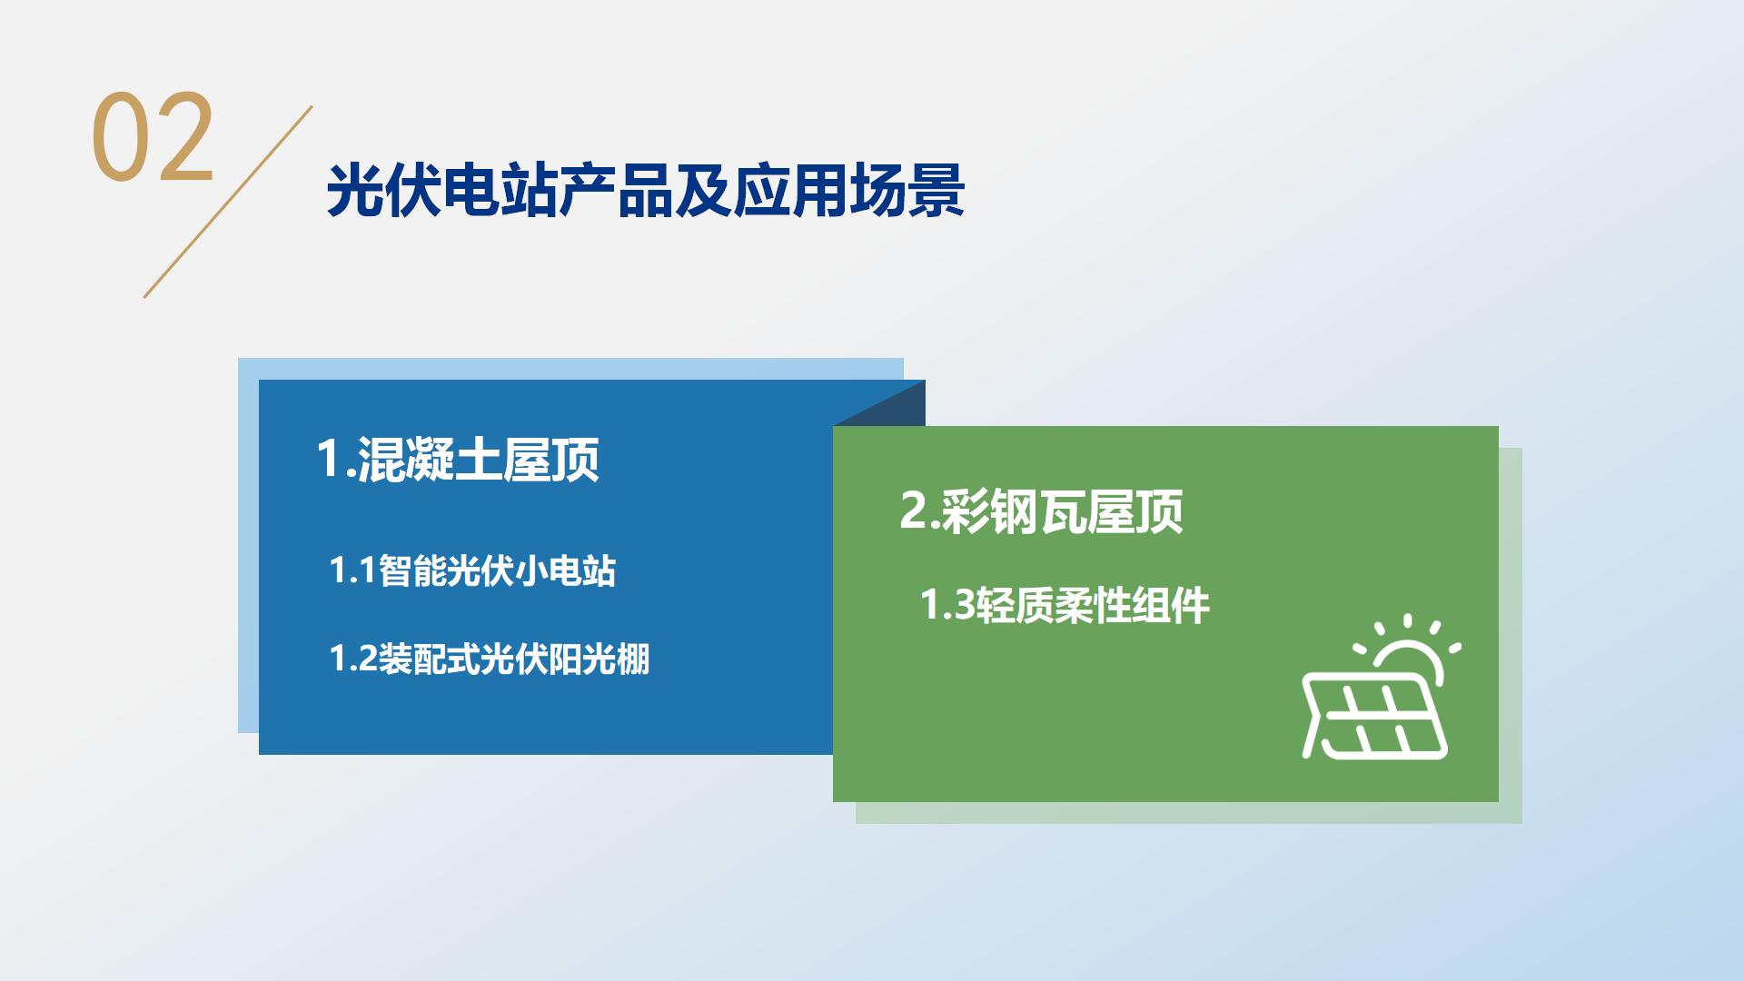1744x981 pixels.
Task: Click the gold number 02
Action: pos(153,136)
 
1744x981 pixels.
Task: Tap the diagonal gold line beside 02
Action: pos(228,202)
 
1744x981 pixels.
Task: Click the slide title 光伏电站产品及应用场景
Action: pos(645,191)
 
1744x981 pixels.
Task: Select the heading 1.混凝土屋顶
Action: pos(458,459)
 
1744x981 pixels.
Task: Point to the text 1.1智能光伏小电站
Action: pos(472,571)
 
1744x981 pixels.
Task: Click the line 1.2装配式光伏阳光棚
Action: pos(490,659)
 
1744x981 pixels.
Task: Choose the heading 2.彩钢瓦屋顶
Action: pos(1041,511)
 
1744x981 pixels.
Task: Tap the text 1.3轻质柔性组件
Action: pos(1065,606)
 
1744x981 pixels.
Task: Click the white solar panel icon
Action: pos(1373,716)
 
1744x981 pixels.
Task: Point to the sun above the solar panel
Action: pos(1409,649)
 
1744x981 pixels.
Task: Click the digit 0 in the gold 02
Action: pos(121,137)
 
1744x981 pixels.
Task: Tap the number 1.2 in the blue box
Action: pos(353,659)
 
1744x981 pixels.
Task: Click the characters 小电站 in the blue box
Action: pos(566,571)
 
